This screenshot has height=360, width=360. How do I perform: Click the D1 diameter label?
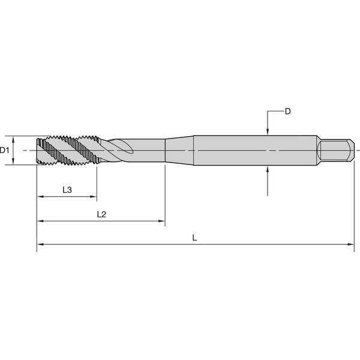(x=5, y=150)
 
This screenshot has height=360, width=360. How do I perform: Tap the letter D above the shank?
(x=287, y=112)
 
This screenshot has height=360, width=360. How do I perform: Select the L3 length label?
(x=67, y=190)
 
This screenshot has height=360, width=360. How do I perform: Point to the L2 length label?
(x=101, y=214)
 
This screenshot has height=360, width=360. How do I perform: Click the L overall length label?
(x=194, y=238)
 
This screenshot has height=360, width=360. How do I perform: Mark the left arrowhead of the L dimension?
(x=40, y=244)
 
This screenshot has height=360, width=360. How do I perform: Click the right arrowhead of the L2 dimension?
(x=161, y=221)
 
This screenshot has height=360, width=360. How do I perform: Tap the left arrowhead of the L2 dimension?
(x=40, y=221)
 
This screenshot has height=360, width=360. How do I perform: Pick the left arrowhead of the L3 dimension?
(x=40, y=197)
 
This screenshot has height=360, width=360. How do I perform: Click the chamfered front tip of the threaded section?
(x=40, y=150)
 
